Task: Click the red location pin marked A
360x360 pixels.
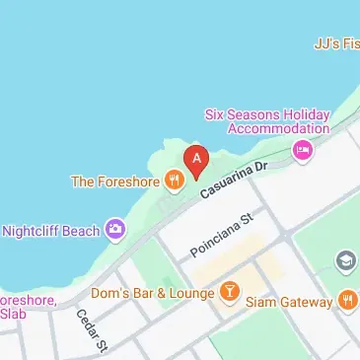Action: pos(196,159)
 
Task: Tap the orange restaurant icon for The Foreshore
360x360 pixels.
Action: pos(175,180)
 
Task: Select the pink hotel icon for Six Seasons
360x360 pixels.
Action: pos(303,150)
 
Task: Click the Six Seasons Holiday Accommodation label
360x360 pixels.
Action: pos(266,120)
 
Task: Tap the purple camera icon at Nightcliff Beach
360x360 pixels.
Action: pos(117,230)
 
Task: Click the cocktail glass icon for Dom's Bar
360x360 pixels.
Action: pos(229,292)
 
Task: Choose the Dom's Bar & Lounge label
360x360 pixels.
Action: pos(152,293)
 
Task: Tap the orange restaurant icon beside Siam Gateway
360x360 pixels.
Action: pos(346,300)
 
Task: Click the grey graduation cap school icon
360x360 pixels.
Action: pos(345,260)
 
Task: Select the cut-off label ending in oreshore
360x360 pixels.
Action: pos(28,300)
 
